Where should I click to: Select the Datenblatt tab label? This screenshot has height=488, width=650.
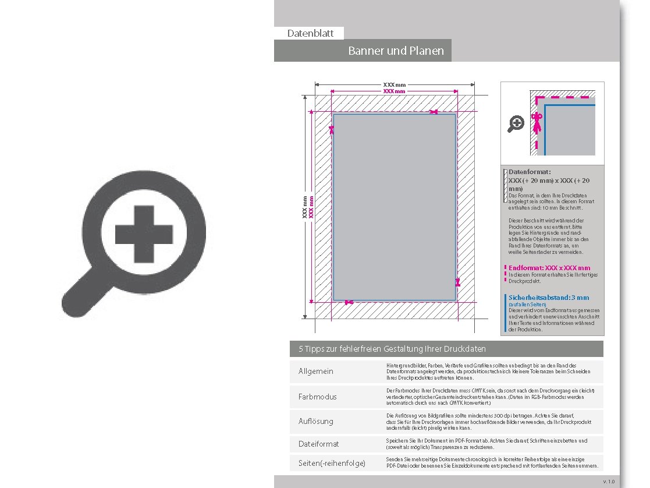(310, 33)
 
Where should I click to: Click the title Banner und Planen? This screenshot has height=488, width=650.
(396, 51)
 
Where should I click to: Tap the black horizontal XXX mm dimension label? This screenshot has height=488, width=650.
(394, 85)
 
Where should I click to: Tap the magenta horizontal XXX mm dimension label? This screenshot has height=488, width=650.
(394, 91)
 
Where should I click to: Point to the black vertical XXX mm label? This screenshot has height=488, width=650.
(304, 207)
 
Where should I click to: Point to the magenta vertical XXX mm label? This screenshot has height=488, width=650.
(311, 207)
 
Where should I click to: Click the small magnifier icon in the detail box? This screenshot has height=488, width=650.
(516, 123)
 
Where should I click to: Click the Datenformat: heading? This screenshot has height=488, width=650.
(530, 172)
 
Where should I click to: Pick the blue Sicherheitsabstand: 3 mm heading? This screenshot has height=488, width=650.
(549, 298)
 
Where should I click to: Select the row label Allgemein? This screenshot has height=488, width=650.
(316, 372)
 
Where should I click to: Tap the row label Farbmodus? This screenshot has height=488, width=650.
(317, 397)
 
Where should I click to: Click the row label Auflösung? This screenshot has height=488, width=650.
(316, 421)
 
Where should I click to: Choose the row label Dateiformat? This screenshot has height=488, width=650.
(318, 444)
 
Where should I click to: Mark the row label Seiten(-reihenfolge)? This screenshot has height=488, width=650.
(332, 463)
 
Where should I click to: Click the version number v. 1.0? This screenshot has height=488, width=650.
(609, 482)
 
